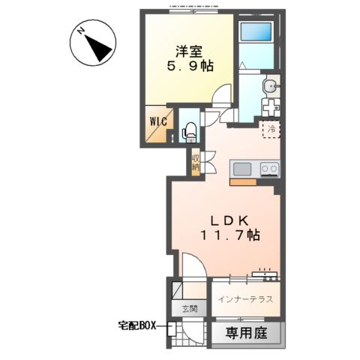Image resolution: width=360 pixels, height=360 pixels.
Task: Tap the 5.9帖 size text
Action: (x=190, y=66)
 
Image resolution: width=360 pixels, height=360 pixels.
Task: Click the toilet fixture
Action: (x=189, y=128)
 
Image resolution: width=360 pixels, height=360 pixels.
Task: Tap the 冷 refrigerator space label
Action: (x=271, y=128)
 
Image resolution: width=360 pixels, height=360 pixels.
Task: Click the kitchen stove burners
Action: (x=268, y=169)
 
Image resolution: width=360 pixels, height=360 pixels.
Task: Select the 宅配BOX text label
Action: (x=140, y=326)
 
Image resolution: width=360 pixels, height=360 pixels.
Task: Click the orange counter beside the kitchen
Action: (x=242, y=181)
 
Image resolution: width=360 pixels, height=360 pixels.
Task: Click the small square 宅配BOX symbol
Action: (x=172, y=328)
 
